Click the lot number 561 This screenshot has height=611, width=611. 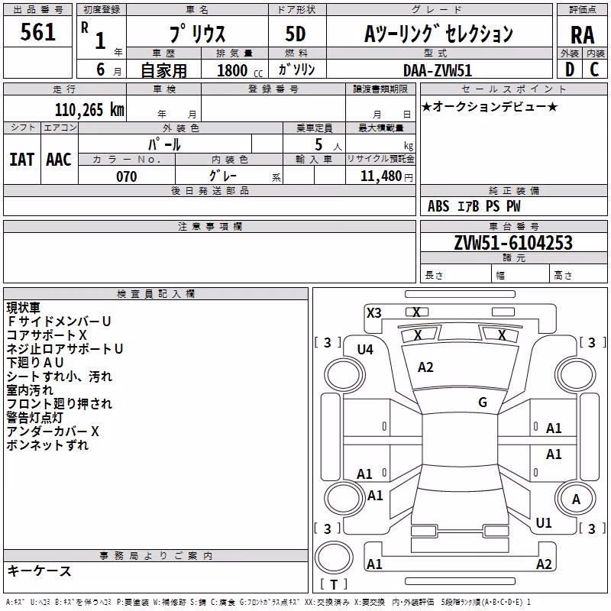tap(37, 32)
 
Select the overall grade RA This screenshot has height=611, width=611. tap(582, 35)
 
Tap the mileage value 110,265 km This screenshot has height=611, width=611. tap(89, 110)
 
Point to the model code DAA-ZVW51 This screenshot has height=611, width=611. tap(438, 70)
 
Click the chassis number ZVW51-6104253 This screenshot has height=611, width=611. tap(513, 243)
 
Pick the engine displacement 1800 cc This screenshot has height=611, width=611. tap(240, 70)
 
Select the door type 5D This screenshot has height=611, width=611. tap(296, 34)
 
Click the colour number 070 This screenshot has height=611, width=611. tap(127, 176)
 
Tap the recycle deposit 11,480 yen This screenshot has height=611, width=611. tap(386, 176)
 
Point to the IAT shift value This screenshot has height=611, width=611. tap(22, 160)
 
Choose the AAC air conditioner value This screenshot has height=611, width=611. tap(59, 160)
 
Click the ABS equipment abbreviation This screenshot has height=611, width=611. tap(438, 206)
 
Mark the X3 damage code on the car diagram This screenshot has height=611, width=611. tap(373, 313)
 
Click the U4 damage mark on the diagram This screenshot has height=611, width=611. tap(365, 350)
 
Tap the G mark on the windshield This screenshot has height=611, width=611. tap(483, 402)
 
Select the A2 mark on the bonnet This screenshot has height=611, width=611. tap(425, 367)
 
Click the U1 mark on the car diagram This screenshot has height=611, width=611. tap(544, 523)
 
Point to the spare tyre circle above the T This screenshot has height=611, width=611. tap(334, 558)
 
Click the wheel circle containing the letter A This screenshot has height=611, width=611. tap(576, 499)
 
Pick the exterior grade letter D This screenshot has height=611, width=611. tap(569, 70)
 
